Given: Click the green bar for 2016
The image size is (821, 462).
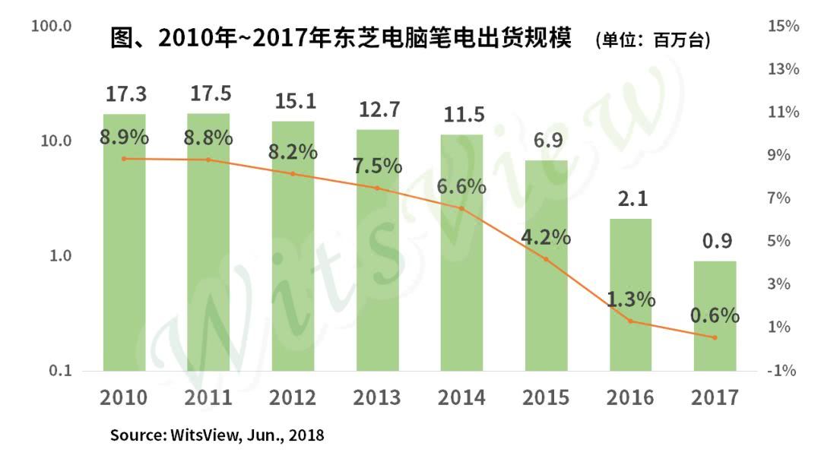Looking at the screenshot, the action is [630, 295].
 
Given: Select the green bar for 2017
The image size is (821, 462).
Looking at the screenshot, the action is [715, 316].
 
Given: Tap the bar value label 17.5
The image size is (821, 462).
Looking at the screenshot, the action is [211, 93].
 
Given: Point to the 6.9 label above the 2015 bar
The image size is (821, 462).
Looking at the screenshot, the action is [548, 141].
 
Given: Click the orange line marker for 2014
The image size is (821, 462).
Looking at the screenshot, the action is [462, 208].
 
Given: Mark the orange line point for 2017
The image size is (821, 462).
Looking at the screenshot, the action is [715, 337].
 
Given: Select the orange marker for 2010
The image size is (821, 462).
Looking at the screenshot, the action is [124, 159].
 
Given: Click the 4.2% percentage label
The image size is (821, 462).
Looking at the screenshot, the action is [546, 238].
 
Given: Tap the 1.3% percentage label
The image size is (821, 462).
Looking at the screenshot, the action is [631, 300].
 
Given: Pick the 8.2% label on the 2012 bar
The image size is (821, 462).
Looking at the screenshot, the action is [293, 152].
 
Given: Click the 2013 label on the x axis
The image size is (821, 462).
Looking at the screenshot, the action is [377, 397].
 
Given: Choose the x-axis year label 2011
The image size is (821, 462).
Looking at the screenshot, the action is [208, 397].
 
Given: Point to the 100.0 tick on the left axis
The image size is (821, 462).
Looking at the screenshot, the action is [52, 26].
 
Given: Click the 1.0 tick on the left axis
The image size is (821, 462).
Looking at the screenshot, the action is [60, 255].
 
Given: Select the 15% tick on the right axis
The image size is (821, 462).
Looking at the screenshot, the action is [783, 26].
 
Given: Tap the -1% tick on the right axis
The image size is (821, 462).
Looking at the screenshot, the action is [781, 371].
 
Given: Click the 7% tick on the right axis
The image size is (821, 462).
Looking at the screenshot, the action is [779, 198].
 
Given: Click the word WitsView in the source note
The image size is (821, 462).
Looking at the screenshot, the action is [205, 435].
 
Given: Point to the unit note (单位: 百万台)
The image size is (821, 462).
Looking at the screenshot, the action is [653, 40].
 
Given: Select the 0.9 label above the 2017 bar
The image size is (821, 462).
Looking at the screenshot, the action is [717, 241].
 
